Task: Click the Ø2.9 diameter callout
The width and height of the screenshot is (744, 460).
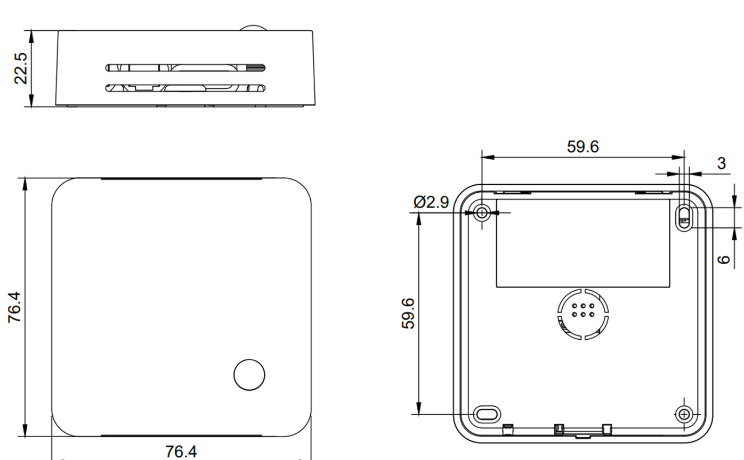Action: [431, 202]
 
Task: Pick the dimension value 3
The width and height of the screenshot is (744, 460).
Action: [721, 163]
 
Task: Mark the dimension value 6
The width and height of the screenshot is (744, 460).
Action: [723, 259]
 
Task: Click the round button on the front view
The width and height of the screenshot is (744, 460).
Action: [249, 375]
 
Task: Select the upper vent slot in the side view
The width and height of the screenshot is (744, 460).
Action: [185, 68]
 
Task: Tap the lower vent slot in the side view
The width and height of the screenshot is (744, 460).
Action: [185, 88]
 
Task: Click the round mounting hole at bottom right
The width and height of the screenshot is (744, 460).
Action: [684, 413]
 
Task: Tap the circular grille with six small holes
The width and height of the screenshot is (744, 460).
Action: [583, 314]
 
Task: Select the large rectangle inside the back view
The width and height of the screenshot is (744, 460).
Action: [583, 243]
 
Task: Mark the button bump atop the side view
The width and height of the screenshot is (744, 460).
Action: [250, 27]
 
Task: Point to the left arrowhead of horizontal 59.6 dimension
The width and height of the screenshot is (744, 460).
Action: [487, 157]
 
